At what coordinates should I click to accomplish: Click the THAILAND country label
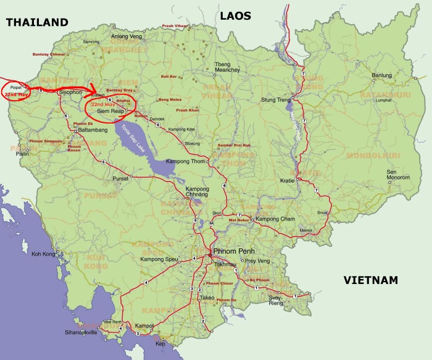(36, 22)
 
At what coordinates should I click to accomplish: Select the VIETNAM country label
(370, 280)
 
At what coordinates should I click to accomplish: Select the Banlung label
(382, 76)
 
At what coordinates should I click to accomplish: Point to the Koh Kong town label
(44, 254)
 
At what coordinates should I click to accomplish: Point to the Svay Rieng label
(275, 301)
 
